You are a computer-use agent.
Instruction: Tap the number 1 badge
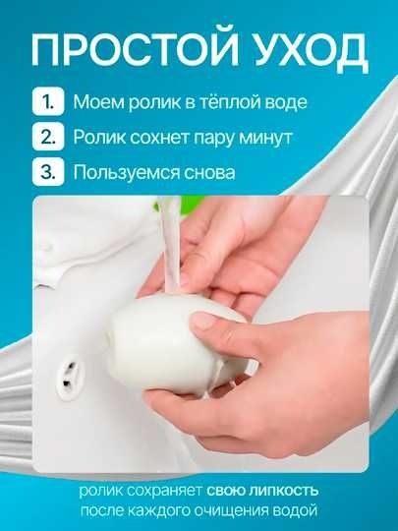[x=45, y=101]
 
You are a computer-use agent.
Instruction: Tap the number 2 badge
[x=45, y=138]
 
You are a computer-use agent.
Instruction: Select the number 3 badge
[x=45, y=174]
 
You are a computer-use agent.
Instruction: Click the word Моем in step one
[x=96, y=101]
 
